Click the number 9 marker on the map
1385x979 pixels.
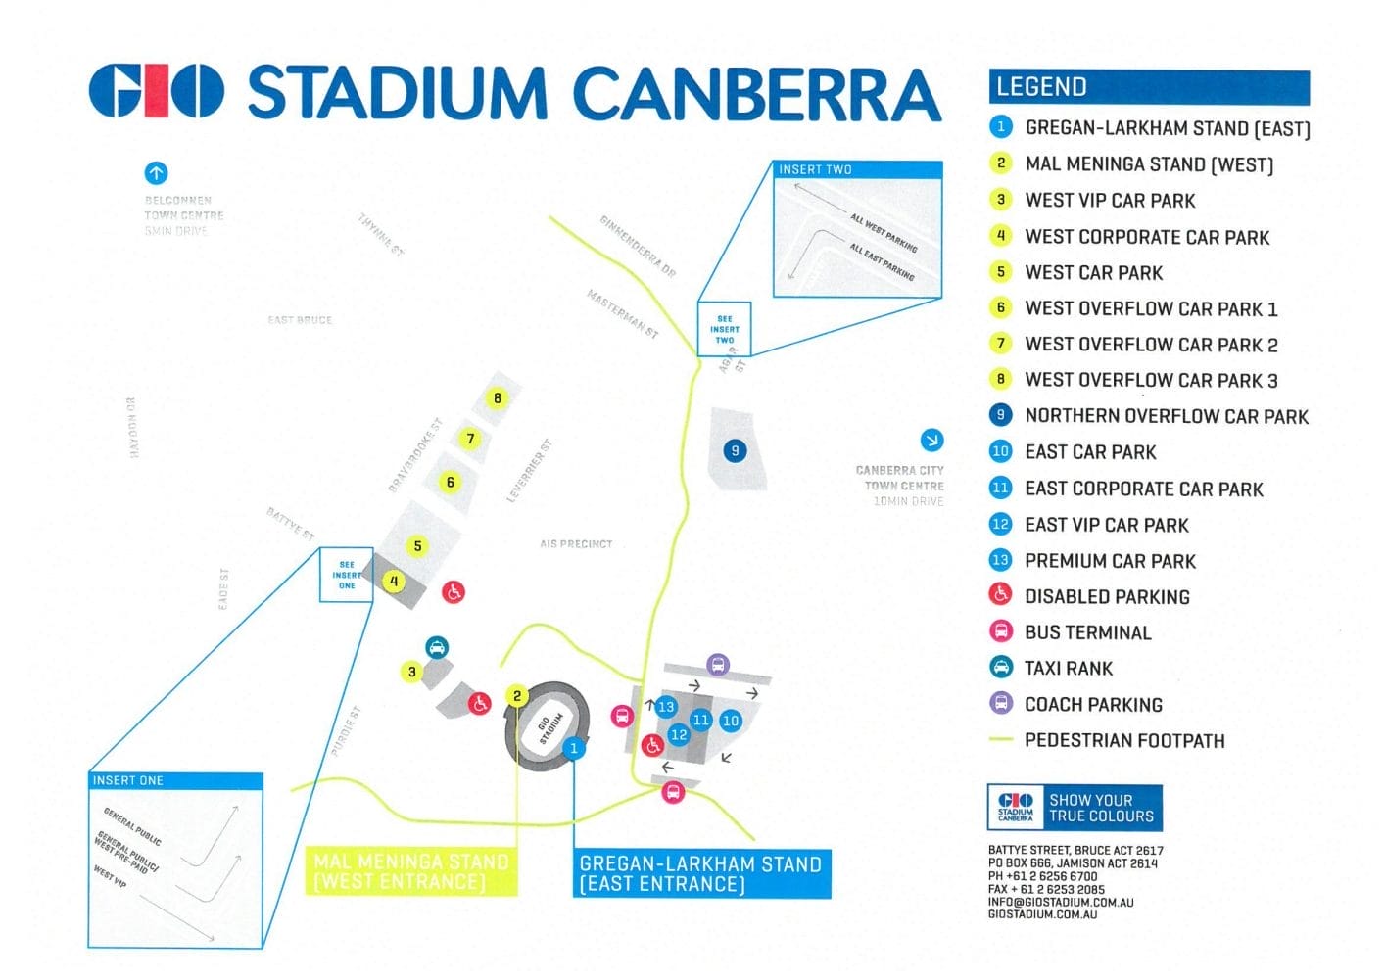(735, 450)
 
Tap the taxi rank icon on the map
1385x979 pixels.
(437, 647)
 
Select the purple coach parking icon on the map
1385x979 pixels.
(718, 666)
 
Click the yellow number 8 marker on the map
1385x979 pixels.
(498, 398)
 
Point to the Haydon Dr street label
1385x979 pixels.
(132, 427)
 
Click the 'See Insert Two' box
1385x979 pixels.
(724, 329)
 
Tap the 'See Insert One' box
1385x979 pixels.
(346, 574)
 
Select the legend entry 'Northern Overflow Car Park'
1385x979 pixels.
(1166, 416)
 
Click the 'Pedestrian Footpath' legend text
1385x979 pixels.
(1123, 741)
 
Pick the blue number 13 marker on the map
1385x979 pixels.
(666, 707)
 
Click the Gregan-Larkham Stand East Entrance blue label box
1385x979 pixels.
(701, 873)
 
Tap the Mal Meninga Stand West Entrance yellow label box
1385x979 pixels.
(411, 871)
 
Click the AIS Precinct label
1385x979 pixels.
(576, 544)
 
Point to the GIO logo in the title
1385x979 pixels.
(157, 92)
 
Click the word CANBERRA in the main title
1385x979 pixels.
(756, 94)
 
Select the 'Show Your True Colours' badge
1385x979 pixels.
(1075, 809)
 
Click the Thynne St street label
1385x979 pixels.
(380, 235)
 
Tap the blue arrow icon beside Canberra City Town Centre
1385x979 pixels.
(931, 440)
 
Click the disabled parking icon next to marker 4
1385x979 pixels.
(453, 591)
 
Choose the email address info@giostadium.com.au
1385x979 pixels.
(1061, 902)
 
